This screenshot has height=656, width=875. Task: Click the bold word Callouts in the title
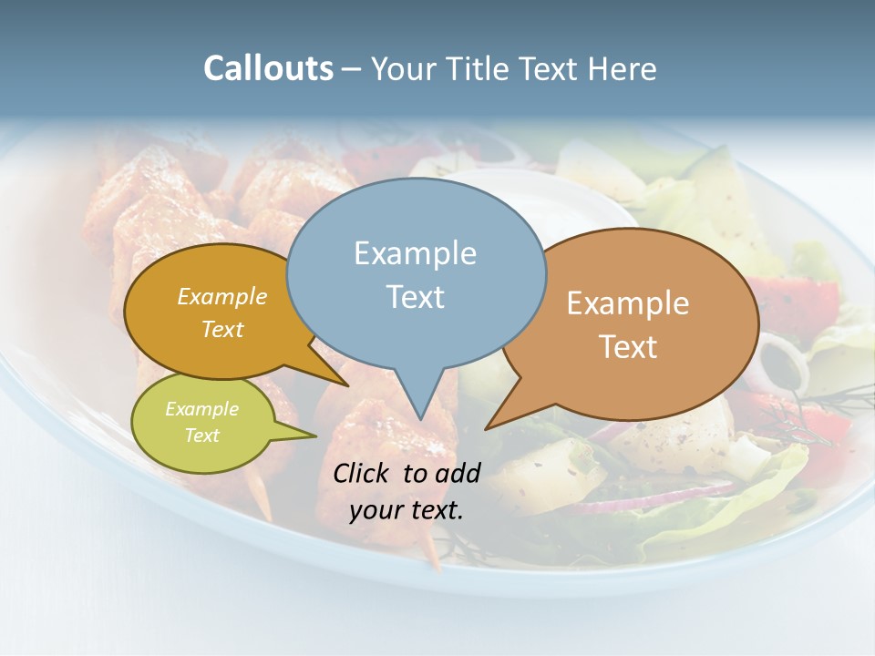point(268,68)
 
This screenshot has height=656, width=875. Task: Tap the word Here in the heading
point(623,68)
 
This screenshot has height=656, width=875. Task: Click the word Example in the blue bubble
point(415,253)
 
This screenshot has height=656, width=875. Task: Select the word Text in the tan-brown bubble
point(628,347)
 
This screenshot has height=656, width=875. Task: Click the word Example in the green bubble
point(201,409)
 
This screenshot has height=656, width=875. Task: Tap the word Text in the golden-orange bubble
point(222,329)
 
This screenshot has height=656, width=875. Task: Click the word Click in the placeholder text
point(362,473)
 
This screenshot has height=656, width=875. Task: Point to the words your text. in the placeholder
point(407,510)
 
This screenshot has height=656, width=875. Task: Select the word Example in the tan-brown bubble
point(628,303)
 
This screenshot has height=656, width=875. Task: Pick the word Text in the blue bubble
point(416,297)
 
